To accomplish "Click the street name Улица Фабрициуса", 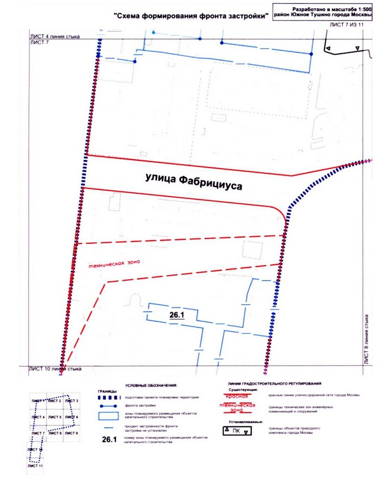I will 193,180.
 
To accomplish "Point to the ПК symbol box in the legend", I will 237,431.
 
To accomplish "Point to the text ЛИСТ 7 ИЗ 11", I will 350,25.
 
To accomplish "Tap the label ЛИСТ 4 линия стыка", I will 55,36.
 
